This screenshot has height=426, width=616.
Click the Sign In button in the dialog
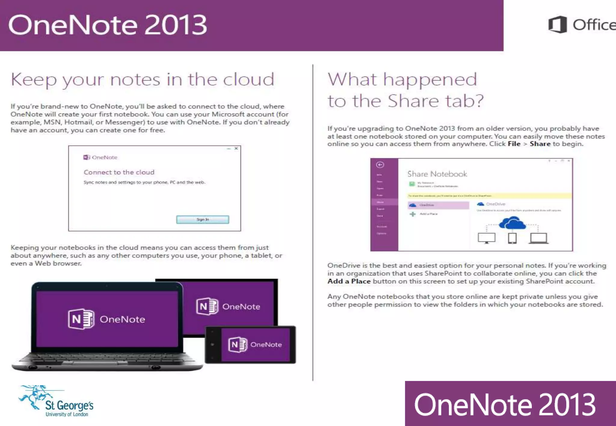pyautogui.click(x=202, y=220)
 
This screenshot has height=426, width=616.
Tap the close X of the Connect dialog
pyautogui.click(x=236, y=148)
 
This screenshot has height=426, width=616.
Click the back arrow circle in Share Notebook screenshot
pyautogui.click(x=380, y=165)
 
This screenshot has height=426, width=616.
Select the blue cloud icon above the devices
pyautogui.click(x=512, y=223)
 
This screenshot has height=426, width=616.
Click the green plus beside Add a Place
pyautogui.click(x=413, y=214)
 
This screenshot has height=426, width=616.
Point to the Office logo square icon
pyautogui.click(x=557, y=24)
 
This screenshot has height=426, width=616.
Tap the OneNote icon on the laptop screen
pyautogui.click(x=81, y=319)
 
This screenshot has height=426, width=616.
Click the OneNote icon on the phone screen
pyautogui.click(x=238, y=345)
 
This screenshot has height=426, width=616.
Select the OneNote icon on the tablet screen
pyautogui.click(x=207, y=306)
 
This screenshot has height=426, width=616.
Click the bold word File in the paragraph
pyautogui.click(x=514, y=144)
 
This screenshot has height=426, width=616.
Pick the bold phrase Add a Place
pyautogui.click(x=349, y=281)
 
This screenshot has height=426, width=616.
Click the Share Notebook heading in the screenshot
pyautogui.click(x=437, y=174)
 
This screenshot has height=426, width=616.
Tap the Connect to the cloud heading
pyautogui.click(x=119, y=172)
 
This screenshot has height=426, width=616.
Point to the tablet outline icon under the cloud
pyautogui.click(x=512, y=238)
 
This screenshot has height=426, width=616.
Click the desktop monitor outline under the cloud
pyautogui.click(x=486, y=238)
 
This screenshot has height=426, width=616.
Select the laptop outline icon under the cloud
pyautogui.click(x=538, y=238)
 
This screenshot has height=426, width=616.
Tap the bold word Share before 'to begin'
pyautogui.click(x=540, y=144)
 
